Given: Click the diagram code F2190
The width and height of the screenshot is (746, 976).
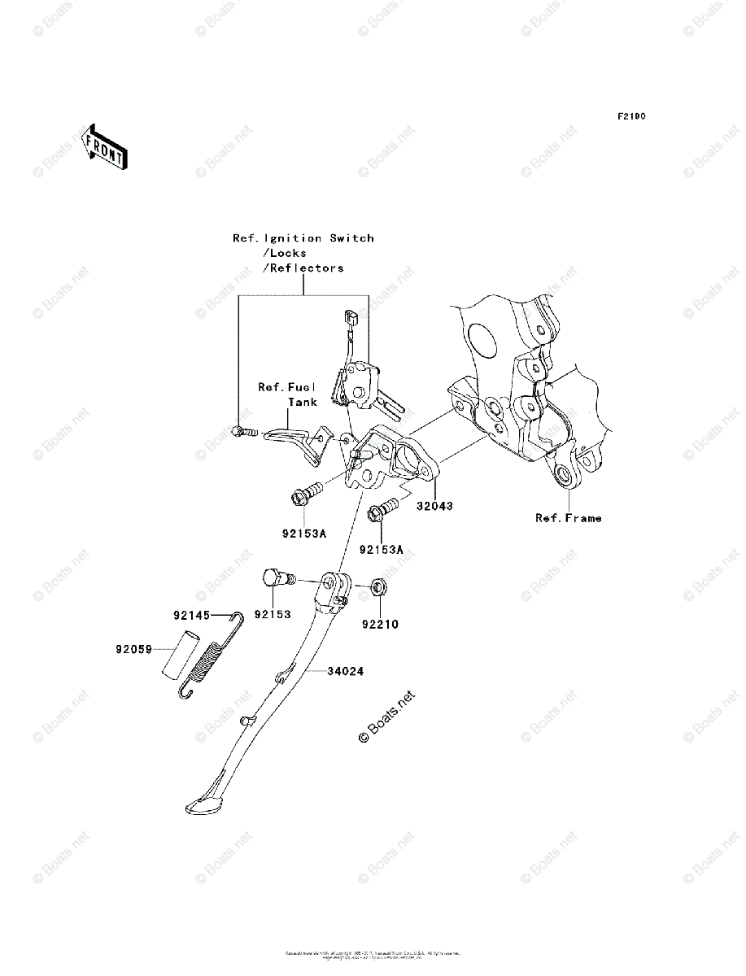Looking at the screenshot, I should (630, 117).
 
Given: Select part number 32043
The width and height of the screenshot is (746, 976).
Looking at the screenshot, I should (434, 506).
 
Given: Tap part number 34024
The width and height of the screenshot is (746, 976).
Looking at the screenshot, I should (346, 672).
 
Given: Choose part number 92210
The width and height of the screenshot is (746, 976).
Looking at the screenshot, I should (380, 625).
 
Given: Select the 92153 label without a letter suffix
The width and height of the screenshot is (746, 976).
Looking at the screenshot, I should (272, 616).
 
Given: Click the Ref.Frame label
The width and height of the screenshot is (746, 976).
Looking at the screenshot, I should (568, 518).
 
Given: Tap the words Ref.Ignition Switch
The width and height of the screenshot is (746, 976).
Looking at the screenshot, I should (303, 238).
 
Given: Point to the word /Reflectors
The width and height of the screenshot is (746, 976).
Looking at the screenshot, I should (303, 268).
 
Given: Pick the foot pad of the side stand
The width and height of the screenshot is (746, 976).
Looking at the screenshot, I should (203, 805).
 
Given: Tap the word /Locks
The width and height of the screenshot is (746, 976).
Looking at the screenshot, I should (284, 253).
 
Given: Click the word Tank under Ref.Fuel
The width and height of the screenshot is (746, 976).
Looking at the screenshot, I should (302, 402).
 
